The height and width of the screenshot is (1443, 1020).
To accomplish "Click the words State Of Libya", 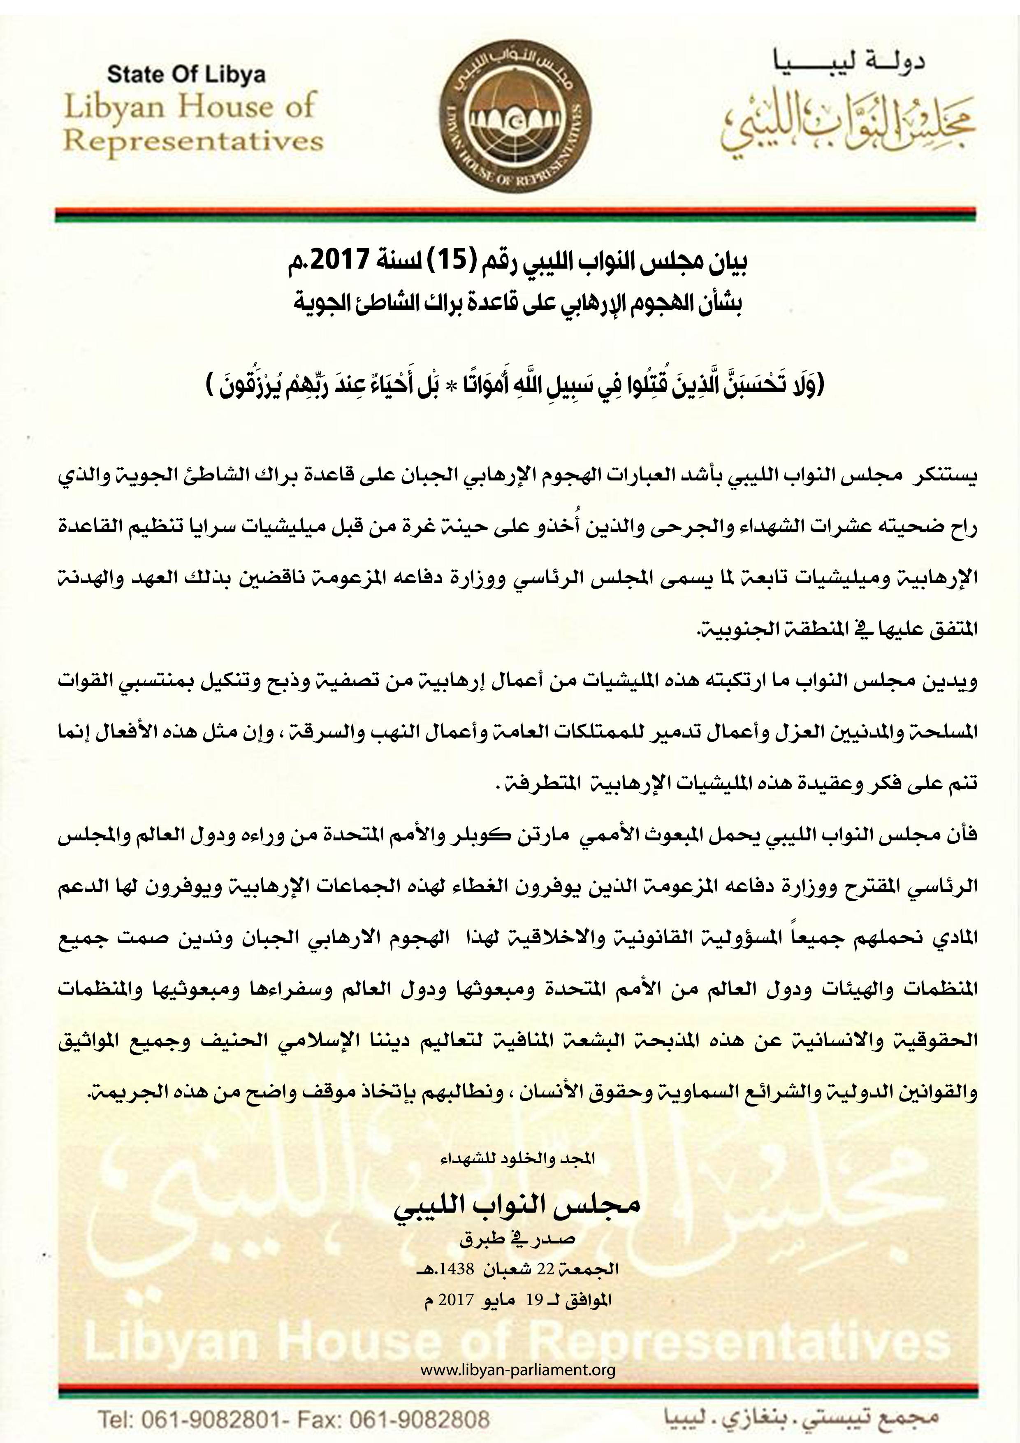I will tap(187, 75).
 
